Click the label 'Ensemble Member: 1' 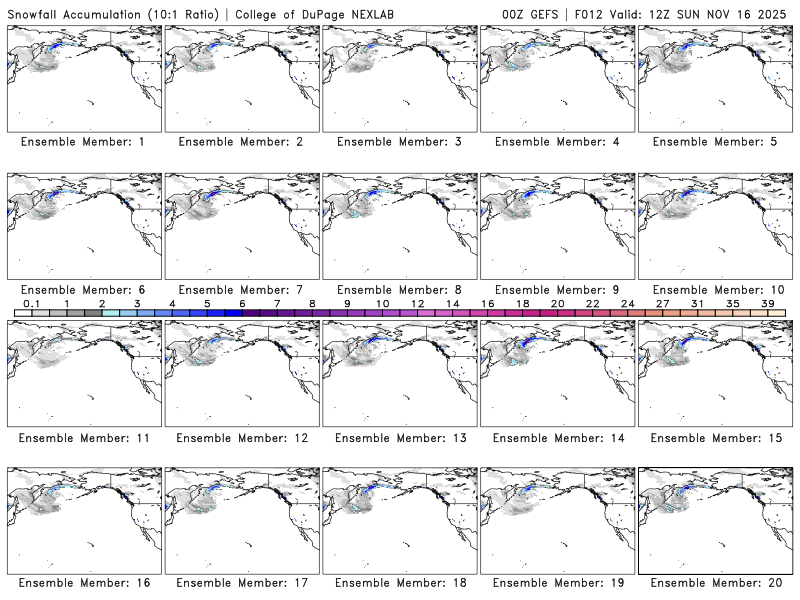82,142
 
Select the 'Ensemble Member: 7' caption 240,290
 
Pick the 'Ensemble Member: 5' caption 714,142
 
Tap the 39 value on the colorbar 767,303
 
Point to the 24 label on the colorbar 627,303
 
